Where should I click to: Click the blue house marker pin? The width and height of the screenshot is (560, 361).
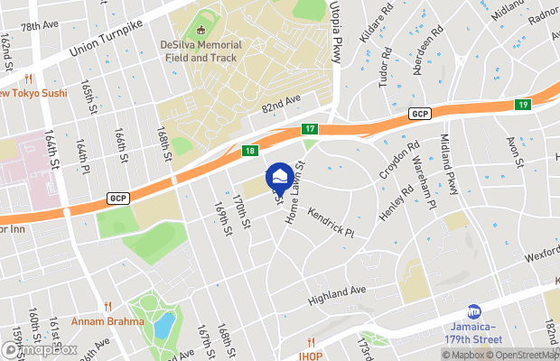[280, 178]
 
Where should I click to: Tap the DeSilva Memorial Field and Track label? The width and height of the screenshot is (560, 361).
[203, 51]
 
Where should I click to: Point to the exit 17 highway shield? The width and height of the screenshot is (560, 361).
[309, 129]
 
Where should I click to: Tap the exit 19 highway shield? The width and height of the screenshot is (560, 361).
[523, 106]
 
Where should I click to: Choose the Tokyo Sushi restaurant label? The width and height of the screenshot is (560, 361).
[33, 93]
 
